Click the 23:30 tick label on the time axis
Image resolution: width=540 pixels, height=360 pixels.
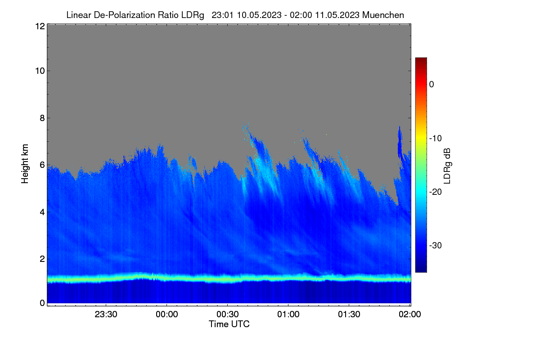click(x=106, y=315)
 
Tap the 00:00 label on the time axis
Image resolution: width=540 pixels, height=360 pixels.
click(x=167, y=315)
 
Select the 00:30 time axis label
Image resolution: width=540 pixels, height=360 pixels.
click(x=228, y=315)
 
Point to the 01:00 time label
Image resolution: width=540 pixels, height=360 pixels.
click(x=288, y=315)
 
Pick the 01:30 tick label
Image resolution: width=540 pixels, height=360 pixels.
click(x=349, y=315)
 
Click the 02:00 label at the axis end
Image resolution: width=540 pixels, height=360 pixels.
click(x=410, y=315)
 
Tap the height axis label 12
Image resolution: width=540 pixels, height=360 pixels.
click(x=40, y=26)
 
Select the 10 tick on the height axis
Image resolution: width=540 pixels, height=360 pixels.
click(x=40, y=71)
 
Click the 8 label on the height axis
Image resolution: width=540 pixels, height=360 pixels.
click(x=42, y=118)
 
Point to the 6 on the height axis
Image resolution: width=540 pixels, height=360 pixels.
click(x=42, y=165)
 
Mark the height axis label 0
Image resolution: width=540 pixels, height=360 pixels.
click(x=42, y=303)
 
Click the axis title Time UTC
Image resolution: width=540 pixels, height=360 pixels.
click(x=229, y=324)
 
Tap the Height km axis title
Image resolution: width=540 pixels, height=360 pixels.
click(x=25, y=164)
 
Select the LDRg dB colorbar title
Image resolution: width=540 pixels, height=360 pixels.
click(x=447, y=166)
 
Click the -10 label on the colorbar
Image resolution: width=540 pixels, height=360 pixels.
click(x=436, y=139)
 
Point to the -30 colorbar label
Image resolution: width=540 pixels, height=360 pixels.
click(x=436, y=245)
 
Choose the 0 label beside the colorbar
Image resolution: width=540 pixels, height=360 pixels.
click(x=432, y=85)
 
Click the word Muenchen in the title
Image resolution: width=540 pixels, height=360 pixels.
click(x=383, y=15)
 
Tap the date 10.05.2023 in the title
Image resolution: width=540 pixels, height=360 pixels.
click(x=259, y=15)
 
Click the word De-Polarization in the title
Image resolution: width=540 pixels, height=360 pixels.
click(x=124, y=15)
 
